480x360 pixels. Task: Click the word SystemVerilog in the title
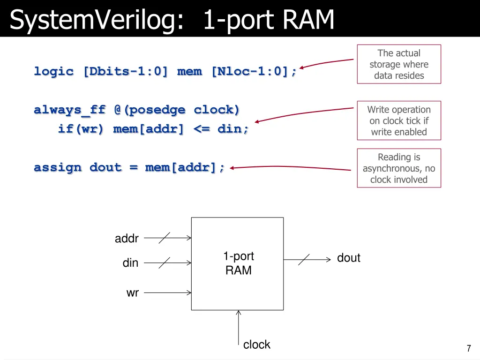[x=96, y=21]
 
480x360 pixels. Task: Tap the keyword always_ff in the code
[x=70, y=110]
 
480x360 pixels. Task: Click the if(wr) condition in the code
[x=81, y=129]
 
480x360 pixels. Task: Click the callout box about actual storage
[x=399, y=64]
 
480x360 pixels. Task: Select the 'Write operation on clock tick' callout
[x=399, y=120]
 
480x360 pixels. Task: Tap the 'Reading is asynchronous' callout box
[x=399, y=168]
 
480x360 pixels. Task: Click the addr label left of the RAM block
[x=127, y=239]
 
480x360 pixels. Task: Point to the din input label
[x=130, y=263]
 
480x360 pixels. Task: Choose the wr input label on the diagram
[x=133, y=293]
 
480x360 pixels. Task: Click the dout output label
[x=349, y=258]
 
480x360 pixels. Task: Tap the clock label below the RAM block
[x=257, y=345]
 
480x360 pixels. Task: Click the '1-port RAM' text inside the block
[x=238, y=263]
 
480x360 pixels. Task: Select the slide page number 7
[x=468, y=348]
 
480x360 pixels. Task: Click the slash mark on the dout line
[x=304, y=259]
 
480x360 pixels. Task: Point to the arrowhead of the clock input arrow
[x=239, y=312]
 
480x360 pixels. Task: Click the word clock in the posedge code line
[x=217, y=110]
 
